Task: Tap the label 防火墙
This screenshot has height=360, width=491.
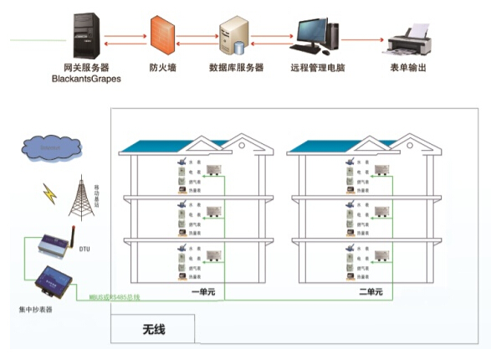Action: pyautogui.click(x=161, y=67)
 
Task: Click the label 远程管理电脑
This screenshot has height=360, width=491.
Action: pyautogui.click(x=318, y=67)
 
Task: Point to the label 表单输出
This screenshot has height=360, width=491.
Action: pyautogui.click(x=407, y=67)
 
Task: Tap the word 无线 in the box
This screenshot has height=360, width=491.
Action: pyautogui.click(x=153, y=329)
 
